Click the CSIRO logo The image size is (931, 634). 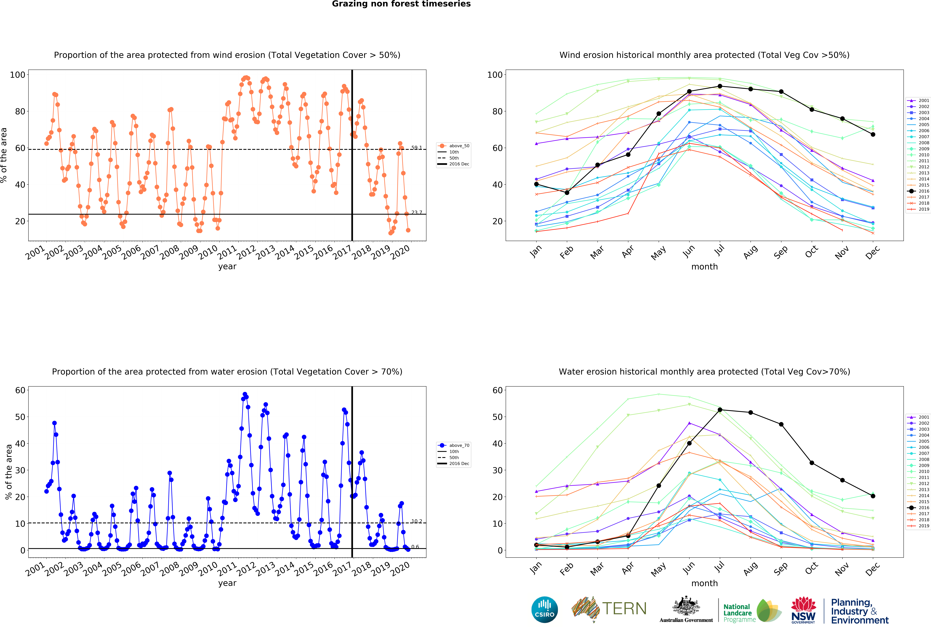pos(544,610)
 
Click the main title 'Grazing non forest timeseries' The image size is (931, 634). pos(401,4)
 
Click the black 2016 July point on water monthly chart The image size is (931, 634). pos(720,410)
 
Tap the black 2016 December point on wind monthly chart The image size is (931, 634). pos(873,135)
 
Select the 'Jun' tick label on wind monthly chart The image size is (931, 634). pos(689,251)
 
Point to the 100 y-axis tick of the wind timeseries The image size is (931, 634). pos(18,75)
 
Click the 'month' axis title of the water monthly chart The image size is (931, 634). pos(704,583)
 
